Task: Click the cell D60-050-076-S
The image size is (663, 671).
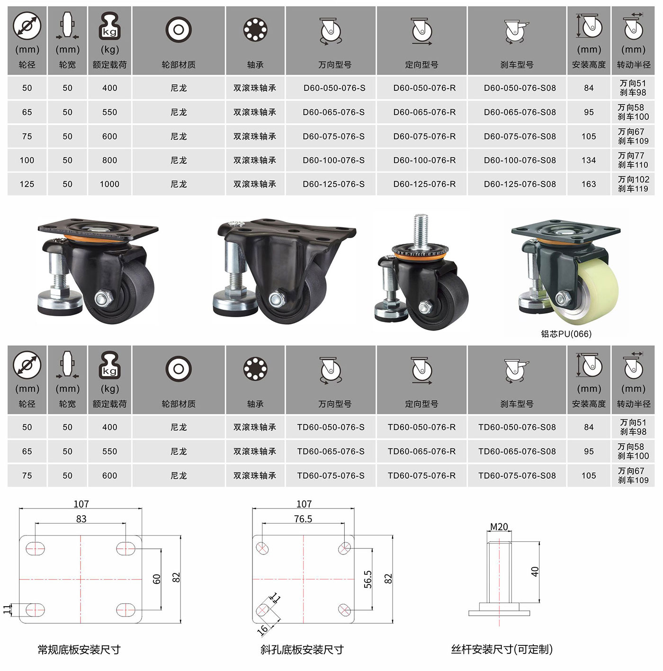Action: [x=334, y=88]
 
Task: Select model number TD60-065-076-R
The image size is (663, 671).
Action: [x=421, y=451]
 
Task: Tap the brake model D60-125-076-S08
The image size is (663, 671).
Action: [x=520, y=184]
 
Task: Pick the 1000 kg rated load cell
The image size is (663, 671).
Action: [x=109, y=184]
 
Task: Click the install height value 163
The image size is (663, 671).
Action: [x=589, y=184]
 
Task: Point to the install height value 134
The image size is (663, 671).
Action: [x=589, y=160]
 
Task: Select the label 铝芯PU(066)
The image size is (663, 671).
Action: [x=566, y=334]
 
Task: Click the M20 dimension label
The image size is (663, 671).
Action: [x=499, y=527]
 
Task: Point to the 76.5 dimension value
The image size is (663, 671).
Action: [x=303, y=519]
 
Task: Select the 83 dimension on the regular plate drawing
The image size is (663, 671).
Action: [x=81, y=519]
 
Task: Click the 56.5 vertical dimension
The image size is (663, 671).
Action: [x=368, y=580]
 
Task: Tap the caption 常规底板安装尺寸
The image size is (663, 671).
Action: [x=79, y=649]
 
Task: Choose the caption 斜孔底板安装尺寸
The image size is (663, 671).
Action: [x=302, y=649]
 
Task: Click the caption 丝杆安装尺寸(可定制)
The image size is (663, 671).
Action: [x=502, y=649]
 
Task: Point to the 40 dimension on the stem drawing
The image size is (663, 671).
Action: [x=535, y=572]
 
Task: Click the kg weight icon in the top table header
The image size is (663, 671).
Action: [x=109, y=26]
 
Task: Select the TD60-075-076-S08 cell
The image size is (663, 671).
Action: [x=517, y=475]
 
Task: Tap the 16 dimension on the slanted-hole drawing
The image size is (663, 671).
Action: [x=263, y=629]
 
